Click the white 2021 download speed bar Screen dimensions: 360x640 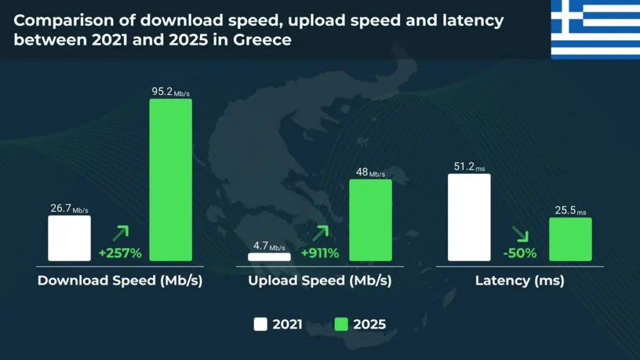click(x=69, y=238)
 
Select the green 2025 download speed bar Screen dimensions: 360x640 click(x=170, y=179)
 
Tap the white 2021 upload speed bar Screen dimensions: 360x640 click(x=269, y=256)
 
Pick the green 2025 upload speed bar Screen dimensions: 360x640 click(x=371, y=219)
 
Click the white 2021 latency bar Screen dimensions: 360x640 click(x=469, y=217)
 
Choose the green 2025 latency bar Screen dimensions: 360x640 click(x=570, y=239)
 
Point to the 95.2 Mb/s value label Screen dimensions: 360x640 click(x=170, y=92)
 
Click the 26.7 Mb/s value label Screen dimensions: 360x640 click(x=69, y=209)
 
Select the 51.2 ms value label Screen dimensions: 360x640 click(x=469, y=167)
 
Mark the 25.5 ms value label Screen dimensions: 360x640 click(x=570, y=211)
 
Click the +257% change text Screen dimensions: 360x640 click(x=120, y=253)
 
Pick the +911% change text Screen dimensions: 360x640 click(x=320, y=253)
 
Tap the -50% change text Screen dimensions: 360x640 click(x=520, y=253)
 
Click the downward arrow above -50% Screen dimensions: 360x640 click(x=520, y=234)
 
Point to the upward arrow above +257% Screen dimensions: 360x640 click(x=120, y=234)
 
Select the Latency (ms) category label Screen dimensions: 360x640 click(x=520, y=281)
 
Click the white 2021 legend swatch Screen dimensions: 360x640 click(x=261, y=324)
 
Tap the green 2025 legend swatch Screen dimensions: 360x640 click(x=341, y=324)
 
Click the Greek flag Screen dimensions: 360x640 click(x=595, y=29)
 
